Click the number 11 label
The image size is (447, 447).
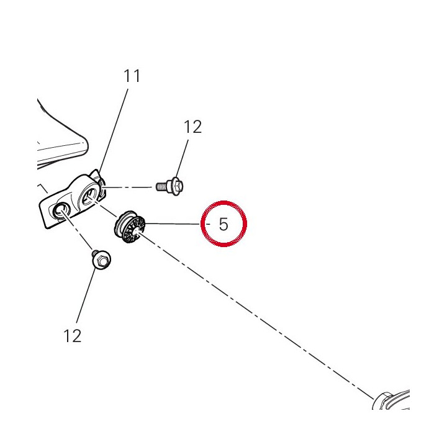[x=132, y=76]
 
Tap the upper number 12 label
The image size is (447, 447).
[x=192, y=127]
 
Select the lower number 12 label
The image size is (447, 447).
[x=73, y=336]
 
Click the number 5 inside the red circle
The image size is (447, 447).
[x=223, y=224]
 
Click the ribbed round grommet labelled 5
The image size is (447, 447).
[x=130, y=227]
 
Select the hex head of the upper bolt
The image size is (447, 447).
[x=178, y=186]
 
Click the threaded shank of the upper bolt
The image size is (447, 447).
[x=163, y=187]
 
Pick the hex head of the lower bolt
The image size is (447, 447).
[x=101, y=260]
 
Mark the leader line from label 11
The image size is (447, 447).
[x=114, y=130]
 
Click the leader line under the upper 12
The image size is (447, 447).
[x=183, y=158]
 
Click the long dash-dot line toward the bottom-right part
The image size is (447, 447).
[x=256, y=315]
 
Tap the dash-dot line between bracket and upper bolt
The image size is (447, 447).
[x=127, y=187]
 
